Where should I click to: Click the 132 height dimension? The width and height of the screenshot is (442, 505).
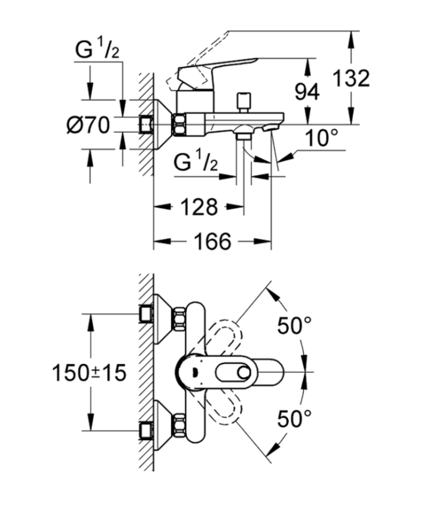(x=351, y=78)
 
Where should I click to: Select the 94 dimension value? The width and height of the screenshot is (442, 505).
(x=307, y=92)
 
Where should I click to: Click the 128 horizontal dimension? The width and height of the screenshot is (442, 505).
(x=199, y=207)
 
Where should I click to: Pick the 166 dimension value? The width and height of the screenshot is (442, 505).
(x=212, y=241)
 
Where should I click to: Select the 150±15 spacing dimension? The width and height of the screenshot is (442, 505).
(x=89, y=373)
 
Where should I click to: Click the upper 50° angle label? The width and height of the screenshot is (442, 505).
(x=294, y=325)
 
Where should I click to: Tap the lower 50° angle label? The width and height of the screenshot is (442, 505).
(x=294, y=418)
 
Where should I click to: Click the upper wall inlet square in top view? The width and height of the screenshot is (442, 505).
(x=146, y=314)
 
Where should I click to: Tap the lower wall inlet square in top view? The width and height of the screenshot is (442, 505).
(x=146, y=431)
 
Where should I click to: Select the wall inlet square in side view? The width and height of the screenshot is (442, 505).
(x=146, y=124)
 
